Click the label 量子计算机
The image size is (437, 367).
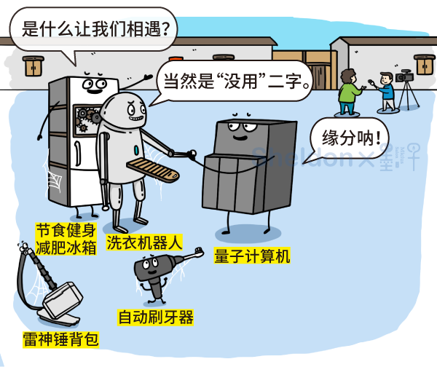pos(252,256)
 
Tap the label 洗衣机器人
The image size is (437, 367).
pos(144,241)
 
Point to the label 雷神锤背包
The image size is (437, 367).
pos(60,339)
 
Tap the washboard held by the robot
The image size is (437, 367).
pos(152,170)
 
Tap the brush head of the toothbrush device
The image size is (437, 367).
pos(193,253)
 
